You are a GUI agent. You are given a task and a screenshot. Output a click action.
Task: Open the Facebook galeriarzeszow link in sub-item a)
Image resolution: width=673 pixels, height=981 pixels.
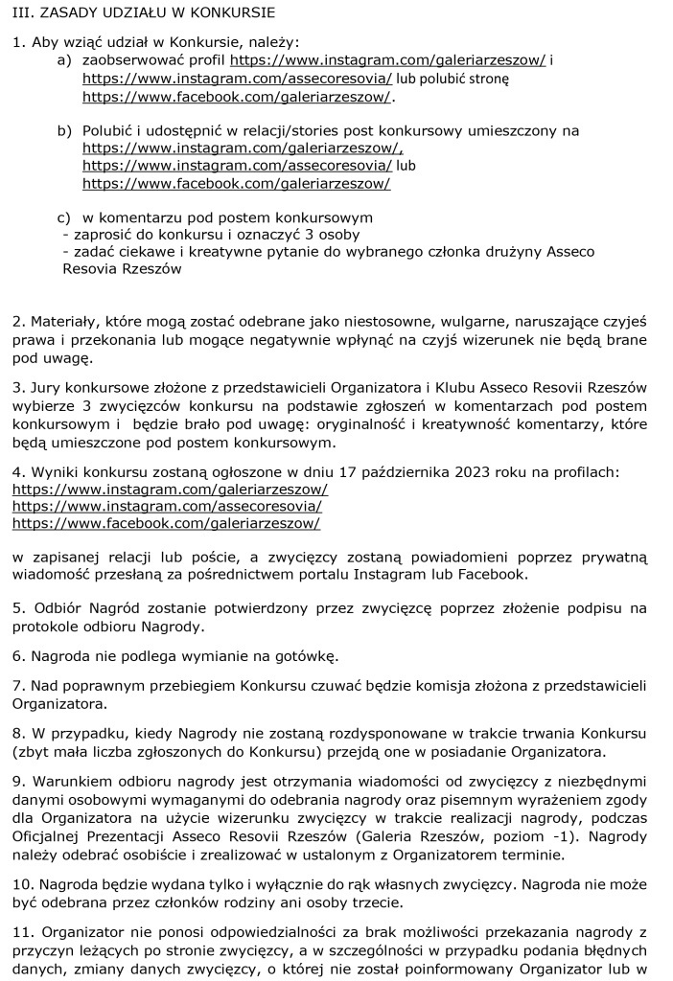pos(237,97)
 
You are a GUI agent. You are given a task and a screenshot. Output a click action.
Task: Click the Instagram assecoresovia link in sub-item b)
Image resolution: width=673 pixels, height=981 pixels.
pos(237,166)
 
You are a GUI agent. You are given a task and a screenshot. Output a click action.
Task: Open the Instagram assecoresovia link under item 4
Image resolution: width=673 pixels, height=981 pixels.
pos(167,506)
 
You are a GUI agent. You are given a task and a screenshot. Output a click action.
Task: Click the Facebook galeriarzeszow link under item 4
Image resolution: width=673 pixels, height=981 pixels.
pos(166,523)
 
